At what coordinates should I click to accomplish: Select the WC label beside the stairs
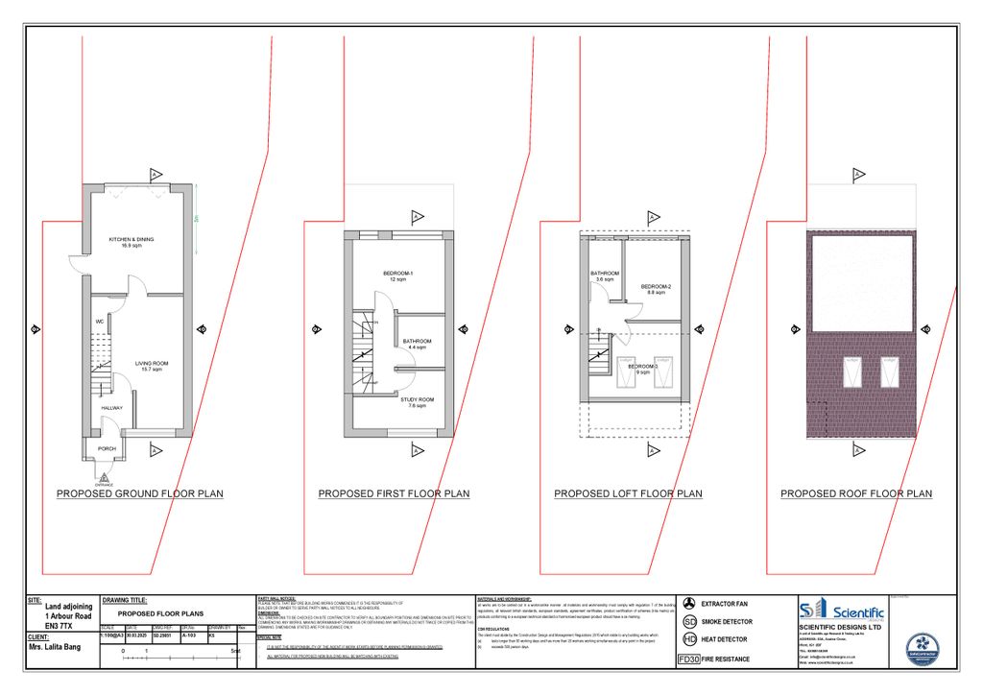(99, 321)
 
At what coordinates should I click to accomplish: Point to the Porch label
(107, 448)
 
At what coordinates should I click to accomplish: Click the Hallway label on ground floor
(113, 407)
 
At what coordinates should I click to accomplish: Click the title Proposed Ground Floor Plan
(140, 494)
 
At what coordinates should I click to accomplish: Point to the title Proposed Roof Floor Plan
(855, 494)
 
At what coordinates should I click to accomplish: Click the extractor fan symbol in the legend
(688, 604)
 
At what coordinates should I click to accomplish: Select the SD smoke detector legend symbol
(688, 622)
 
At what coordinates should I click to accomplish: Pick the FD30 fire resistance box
(688, 659)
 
